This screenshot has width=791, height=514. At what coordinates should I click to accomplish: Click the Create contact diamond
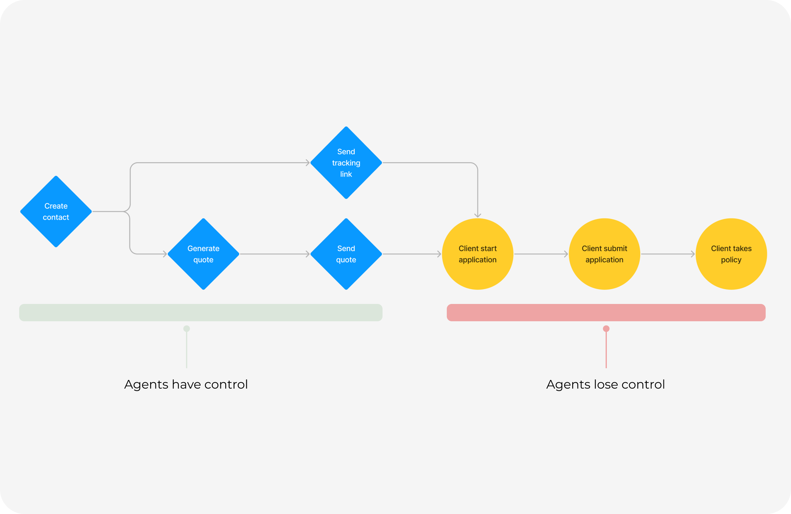coord(56,212)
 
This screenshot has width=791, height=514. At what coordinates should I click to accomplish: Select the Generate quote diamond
coord(203,254)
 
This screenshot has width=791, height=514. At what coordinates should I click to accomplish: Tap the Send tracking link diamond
coord(346,163)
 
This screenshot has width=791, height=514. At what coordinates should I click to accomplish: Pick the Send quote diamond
coord(346,254)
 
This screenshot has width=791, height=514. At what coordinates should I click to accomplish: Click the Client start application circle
coord(478,254)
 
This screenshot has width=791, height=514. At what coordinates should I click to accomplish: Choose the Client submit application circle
coord(604,254)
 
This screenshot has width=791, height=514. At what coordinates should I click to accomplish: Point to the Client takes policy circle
coord(731,254)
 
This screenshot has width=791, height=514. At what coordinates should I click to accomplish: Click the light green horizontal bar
coord(201,313)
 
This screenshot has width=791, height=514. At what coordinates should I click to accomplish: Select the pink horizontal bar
coord(606,313)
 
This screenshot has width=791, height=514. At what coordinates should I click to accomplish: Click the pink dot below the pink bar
coord(606,329)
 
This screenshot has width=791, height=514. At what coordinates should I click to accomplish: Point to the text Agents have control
coord(186,385)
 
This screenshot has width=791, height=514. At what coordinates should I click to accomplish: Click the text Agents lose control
coord(606,385)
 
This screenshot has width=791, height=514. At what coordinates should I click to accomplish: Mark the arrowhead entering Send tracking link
coord(308,163)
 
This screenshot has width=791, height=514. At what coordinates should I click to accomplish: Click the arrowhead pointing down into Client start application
coord(478,215)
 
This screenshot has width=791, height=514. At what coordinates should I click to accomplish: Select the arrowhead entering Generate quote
coord(165,254)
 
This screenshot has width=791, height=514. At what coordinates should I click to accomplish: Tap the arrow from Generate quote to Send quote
coord(274,254)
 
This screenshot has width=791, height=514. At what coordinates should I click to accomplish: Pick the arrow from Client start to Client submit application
coord(541,254)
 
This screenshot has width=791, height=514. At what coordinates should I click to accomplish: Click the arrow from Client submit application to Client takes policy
coord(668,254)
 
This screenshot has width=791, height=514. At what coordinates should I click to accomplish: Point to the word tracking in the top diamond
coord(346,163)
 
